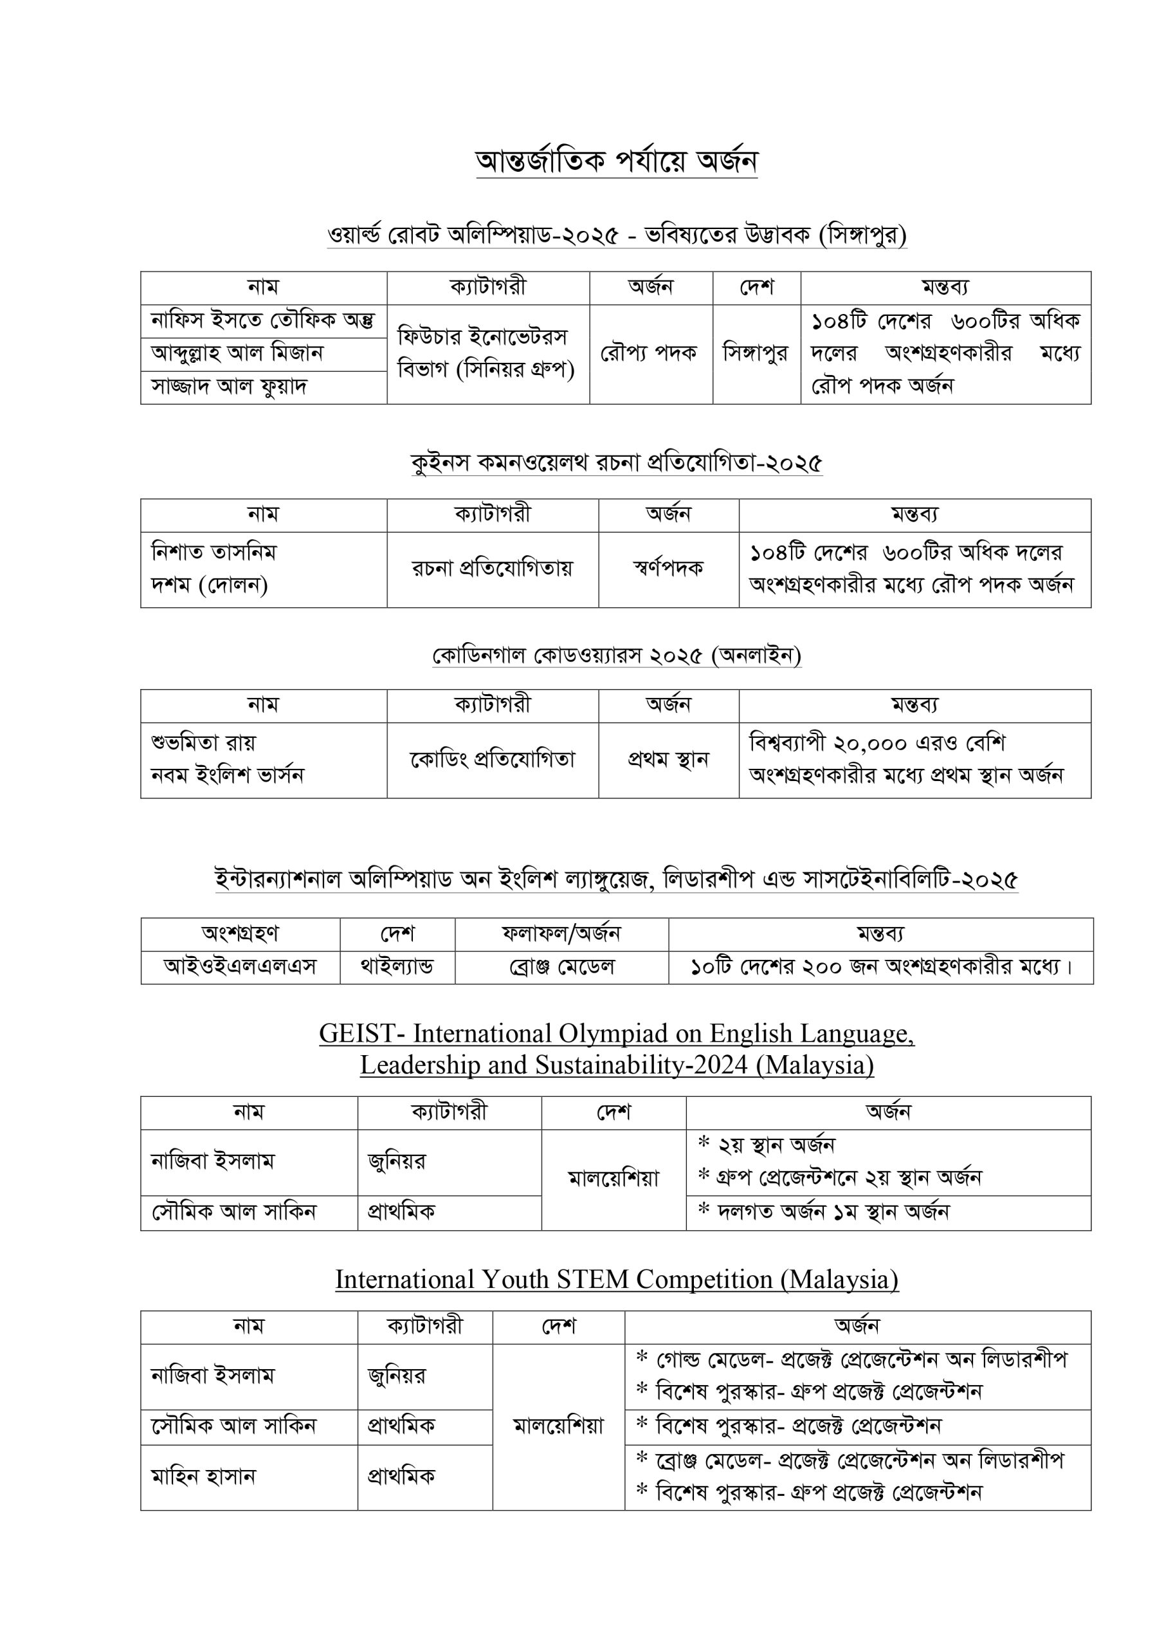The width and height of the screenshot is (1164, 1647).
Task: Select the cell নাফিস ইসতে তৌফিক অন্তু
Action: click(x=262, y=320)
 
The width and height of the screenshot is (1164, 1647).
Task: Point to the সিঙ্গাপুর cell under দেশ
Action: click(x=755, y=353)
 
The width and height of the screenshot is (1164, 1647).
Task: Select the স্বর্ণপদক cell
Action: click(x=668, y=568)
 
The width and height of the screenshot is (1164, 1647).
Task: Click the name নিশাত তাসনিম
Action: click(x=214, y=553)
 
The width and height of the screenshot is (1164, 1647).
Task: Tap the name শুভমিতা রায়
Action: click(x=204, y=742)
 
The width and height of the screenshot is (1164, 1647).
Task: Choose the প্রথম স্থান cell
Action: click(x=668, y=759)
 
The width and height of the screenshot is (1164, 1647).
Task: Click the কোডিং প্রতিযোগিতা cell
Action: click(x=492, y=759)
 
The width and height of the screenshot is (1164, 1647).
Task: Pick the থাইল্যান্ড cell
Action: click(x=397, y=966)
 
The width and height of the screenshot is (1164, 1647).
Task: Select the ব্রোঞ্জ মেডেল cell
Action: click(x=561, y=966)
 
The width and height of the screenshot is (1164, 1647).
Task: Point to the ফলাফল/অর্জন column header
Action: click(x=561, y=934)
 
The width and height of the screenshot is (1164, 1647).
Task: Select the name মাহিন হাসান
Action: click(x=203, y=1477)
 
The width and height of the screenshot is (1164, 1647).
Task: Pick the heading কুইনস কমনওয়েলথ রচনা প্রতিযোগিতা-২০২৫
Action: click(x=617, y=463)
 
